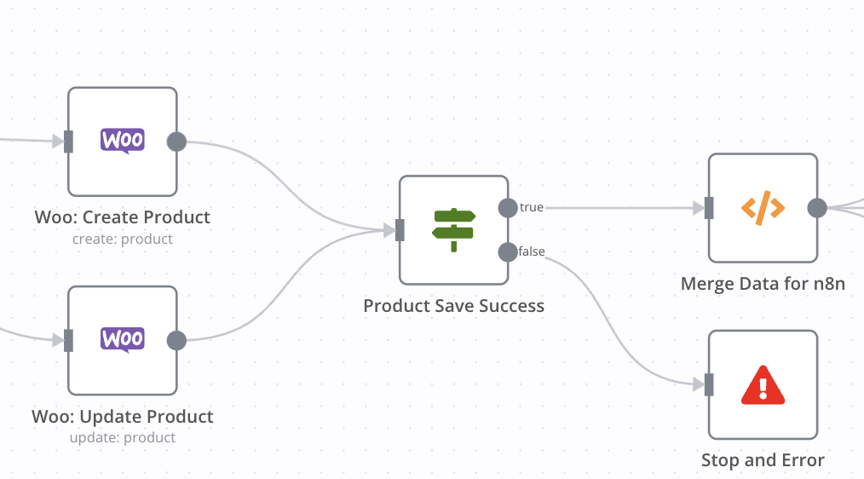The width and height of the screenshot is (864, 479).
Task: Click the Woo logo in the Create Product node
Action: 123,141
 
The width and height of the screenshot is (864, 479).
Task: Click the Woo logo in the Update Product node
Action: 123,339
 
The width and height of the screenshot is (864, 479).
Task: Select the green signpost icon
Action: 453,229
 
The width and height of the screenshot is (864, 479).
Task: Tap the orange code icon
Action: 763,207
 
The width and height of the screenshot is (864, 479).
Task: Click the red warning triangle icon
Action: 763,384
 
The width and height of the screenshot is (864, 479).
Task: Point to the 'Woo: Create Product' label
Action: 123,217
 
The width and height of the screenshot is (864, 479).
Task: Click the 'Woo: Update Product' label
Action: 123,417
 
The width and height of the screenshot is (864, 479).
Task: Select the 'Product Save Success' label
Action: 453,306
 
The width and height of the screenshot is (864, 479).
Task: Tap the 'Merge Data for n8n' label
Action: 763,284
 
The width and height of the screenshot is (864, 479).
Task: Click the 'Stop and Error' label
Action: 763,461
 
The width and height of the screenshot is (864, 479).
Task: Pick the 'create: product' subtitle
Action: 123,239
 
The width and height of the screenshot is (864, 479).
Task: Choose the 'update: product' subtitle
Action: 123,438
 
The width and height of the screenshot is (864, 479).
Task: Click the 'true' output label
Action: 532,208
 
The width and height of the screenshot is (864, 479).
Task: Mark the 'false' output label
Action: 533,251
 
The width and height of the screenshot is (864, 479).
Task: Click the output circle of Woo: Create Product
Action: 176,141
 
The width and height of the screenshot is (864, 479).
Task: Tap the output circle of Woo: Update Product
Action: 176,341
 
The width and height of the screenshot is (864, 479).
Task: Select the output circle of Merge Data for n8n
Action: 817,208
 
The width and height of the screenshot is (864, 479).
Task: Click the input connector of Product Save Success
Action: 400,230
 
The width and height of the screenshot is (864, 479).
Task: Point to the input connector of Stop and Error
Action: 709,385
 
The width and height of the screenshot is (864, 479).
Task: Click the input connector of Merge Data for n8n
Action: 709,208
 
